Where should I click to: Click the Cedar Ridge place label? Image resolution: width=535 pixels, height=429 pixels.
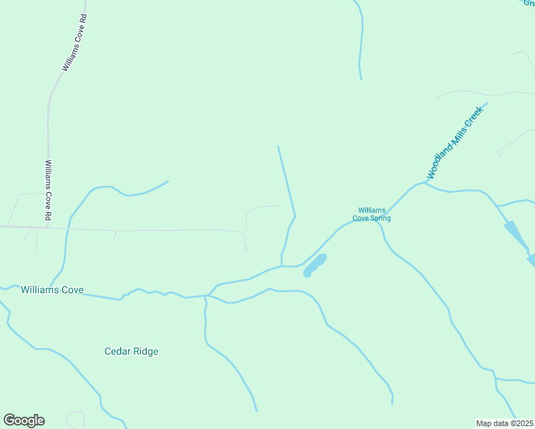click(131, 351)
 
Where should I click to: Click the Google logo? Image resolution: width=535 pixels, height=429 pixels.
click(24, 420)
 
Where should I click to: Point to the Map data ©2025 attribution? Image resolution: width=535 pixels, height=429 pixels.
click(505, 423)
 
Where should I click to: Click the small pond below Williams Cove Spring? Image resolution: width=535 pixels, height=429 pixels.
click(315, 265)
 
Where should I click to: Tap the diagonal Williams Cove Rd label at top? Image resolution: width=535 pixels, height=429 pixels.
click(74, 43)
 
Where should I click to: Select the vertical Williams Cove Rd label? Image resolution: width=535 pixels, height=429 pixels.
click(48, 189)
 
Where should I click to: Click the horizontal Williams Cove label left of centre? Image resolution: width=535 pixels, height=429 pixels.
click(52, 290)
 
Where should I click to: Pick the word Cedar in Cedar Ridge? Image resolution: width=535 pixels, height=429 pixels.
click(117, 351)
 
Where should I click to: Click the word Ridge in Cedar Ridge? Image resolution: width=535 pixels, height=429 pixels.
click(145, 351)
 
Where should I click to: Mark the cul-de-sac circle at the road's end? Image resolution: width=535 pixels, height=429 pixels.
click(245, 250)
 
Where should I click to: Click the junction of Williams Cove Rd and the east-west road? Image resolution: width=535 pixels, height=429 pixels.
click(48, 227)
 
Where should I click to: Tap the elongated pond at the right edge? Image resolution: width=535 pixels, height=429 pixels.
click(517, 237)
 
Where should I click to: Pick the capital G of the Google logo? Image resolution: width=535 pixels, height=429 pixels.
click(10, 420)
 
